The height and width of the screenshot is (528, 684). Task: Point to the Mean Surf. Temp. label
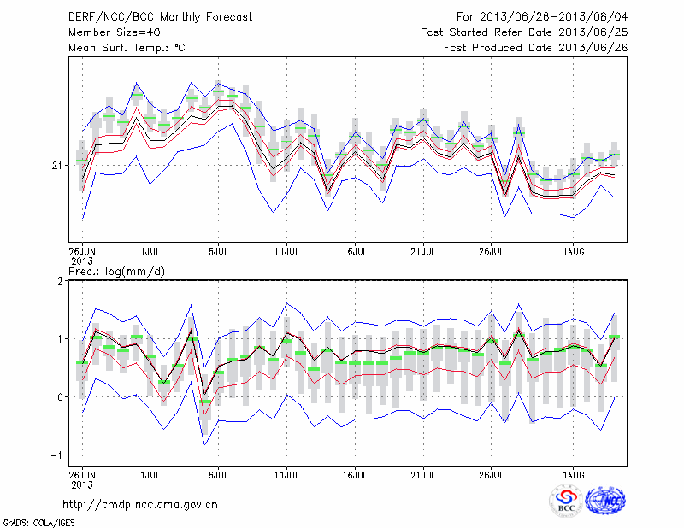tap(127, 48)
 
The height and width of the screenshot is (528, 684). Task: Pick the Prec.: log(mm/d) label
tap(116, 271)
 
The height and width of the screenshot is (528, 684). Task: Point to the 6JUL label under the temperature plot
tap(218, 252)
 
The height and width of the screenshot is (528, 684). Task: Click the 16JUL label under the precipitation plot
tap(355, 472)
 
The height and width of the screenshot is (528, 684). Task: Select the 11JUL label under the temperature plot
tap(286, 252)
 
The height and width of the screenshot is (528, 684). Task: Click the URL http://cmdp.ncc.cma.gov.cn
tap(140, 504)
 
